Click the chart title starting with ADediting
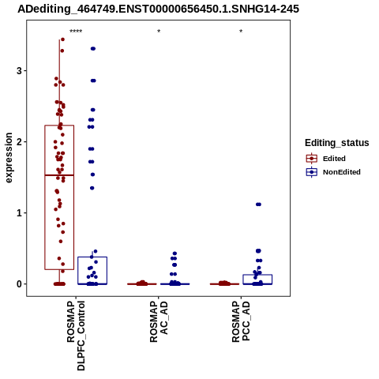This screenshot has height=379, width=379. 158,9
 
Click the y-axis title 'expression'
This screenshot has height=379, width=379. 9,158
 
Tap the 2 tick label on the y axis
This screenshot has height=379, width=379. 19,142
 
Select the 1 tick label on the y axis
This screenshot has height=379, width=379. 19,213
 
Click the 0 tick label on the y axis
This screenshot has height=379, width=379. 19,284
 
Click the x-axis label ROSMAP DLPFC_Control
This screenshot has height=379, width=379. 76,336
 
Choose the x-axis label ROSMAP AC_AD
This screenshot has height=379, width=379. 159,321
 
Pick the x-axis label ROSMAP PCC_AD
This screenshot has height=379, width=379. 241,321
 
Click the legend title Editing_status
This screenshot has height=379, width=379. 337,143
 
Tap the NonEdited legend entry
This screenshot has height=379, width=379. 333,172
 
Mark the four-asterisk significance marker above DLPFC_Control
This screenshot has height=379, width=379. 76,32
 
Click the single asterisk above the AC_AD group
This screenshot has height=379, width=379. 159,32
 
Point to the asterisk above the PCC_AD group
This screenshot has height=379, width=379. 241,32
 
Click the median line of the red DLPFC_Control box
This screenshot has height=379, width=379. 59,175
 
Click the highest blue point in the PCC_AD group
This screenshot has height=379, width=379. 258,205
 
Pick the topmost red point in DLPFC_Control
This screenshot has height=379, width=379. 62,39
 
